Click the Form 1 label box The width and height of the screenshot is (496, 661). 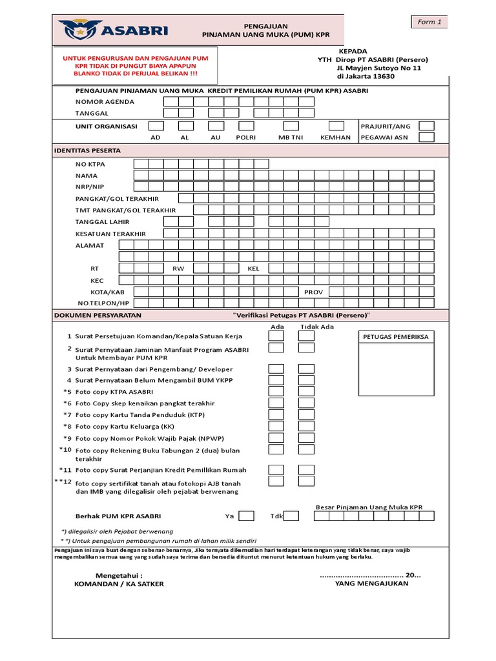pos(429,22)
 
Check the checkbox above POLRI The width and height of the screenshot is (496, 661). pos(246,126)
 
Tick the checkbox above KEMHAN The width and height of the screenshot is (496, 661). pos(336,126)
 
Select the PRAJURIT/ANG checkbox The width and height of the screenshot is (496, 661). pos(426,126)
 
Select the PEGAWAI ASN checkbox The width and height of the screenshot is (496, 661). pos(426,137)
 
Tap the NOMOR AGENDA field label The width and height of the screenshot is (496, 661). pos(105,102)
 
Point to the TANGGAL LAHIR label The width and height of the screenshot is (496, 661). pos(102,222)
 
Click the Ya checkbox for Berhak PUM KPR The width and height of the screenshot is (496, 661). pos(246,516)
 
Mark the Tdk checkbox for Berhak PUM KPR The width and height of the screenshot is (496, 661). pos(291,516)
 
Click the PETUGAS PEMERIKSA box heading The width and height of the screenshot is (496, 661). pos(395,337)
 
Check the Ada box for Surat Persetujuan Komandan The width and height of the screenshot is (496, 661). pos(276,337)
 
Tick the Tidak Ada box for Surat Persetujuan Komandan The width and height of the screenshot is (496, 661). pos(306,337)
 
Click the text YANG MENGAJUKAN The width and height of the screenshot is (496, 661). pos(371,584)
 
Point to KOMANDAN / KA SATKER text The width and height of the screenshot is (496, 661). pos(119,584)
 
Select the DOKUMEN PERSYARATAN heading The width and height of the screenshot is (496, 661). pos(97,315)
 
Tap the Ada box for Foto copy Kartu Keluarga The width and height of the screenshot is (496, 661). pos(276,426)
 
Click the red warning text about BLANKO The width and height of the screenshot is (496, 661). pos(136,75)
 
